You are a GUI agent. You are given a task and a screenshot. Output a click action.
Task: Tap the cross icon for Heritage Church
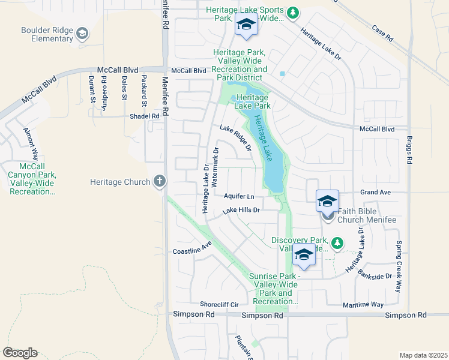point(159,181)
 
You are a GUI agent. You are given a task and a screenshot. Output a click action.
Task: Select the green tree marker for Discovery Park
point(338,242)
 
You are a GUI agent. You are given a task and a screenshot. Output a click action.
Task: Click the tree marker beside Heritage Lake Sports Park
point(292,13)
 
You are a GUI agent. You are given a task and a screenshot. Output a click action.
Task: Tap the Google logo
point(20,352)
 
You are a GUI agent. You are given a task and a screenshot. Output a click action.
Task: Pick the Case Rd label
point(382,33)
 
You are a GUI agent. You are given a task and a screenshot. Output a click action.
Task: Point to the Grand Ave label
point(375,192)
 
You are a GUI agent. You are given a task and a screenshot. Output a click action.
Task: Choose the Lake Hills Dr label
point(241,211)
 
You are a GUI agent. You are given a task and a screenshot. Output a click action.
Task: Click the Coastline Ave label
point(193,248)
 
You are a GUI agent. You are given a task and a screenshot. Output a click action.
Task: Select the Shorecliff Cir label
point(219,304)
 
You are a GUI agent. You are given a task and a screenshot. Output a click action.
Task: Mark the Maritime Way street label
point(363,305)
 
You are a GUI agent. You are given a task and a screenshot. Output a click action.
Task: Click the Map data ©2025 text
point(423,355)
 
